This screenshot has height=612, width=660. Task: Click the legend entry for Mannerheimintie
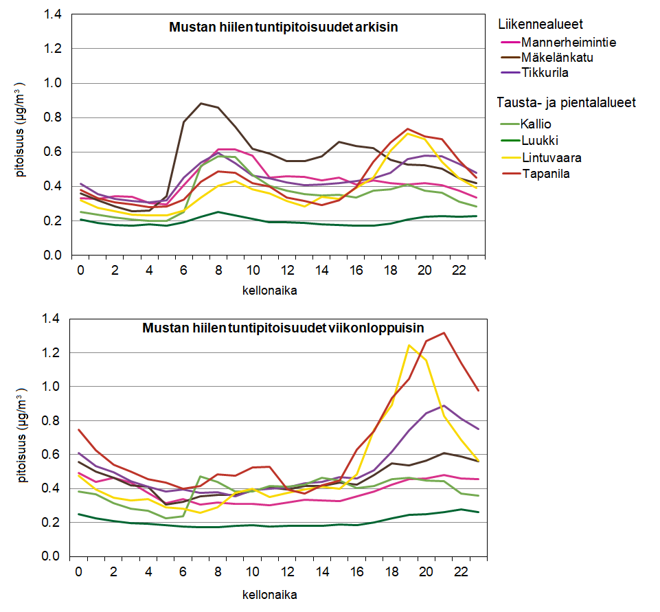[x=568, y=43]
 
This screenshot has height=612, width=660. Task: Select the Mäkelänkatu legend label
[x=557, y=58]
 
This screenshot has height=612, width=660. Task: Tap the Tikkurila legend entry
[x=545, y=73]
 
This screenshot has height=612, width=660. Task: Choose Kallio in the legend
[x=536, y=124]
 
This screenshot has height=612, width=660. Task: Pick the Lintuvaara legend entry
[x=551, y=157]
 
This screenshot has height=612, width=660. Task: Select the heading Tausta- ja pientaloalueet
[x=566, y=103]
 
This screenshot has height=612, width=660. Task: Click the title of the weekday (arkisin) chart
[x=284, y=28]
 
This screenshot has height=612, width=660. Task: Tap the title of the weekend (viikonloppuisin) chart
[x=283, y=328]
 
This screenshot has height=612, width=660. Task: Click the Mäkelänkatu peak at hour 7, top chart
[x=201, y=104]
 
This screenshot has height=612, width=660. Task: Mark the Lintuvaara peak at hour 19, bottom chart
[x=409, y=345]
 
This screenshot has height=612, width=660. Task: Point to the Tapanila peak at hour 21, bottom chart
[x=444, y=333]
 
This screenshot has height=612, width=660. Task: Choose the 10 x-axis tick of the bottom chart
[x=253, y=571]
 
